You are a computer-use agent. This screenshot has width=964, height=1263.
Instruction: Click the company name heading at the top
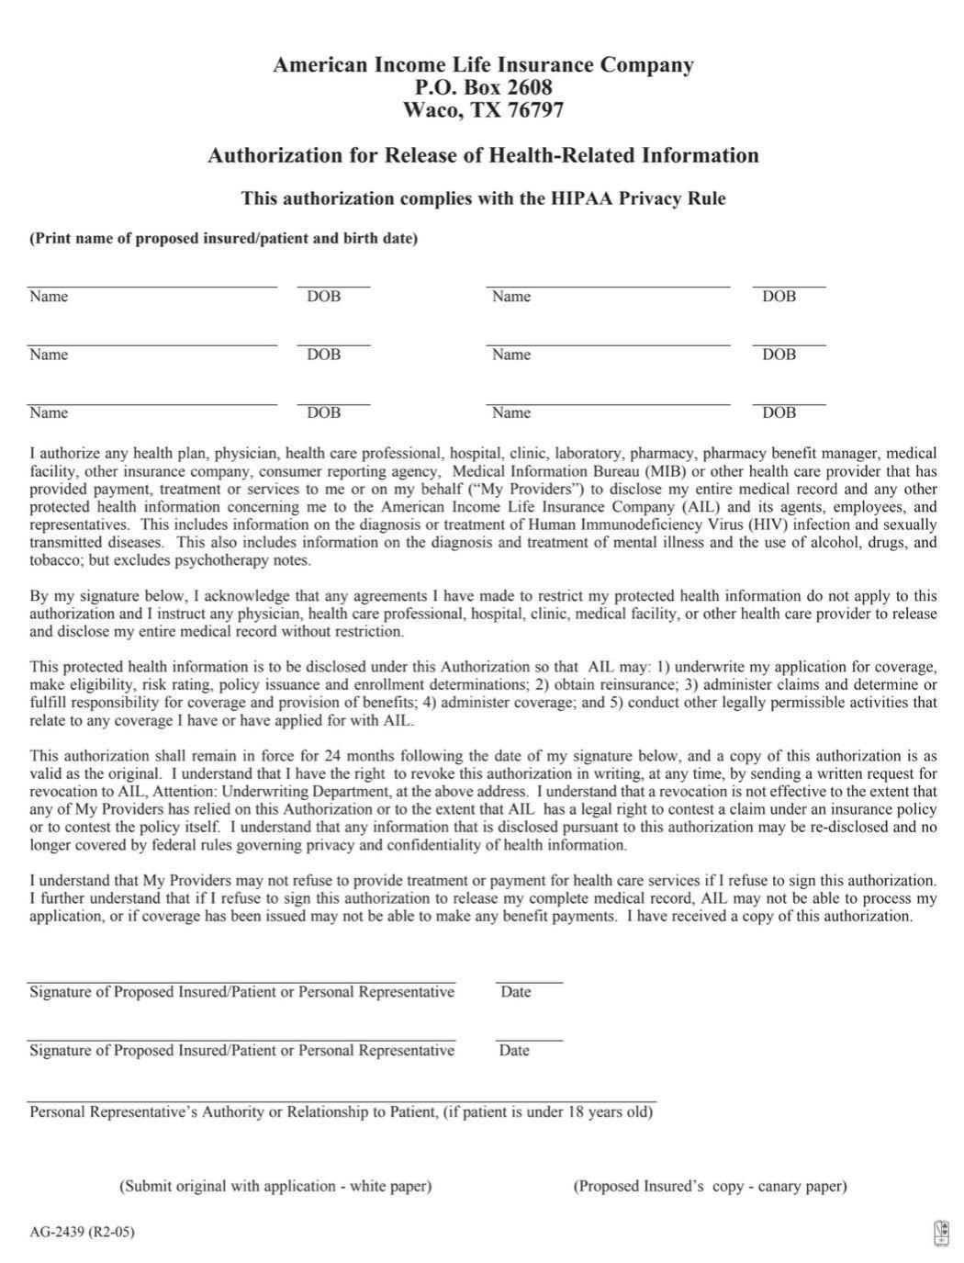click(483, 64)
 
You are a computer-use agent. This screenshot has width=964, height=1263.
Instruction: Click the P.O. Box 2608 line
click(483, 87)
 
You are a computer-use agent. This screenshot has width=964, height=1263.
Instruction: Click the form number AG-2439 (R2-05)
click(82, 1232)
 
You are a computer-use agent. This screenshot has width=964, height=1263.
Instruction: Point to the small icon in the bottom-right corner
click(941, 1233)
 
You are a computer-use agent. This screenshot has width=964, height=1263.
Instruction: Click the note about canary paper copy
click(710, 1186)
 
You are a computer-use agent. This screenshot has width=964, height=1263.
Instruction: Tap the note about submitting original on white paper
click(275, 1186)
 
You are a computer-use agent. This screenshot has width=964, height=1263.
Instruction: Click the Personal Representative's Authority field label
click(341, 1111)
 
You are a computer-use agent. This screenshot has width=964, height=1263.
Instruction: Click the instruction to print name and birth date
click(223, 238)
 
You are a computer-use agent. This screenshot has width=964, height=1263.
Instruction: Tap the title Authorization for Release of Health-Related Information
click(483, 155)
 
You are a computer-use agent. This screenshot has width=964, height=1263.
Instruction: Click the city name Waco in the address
click(428, 110)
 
